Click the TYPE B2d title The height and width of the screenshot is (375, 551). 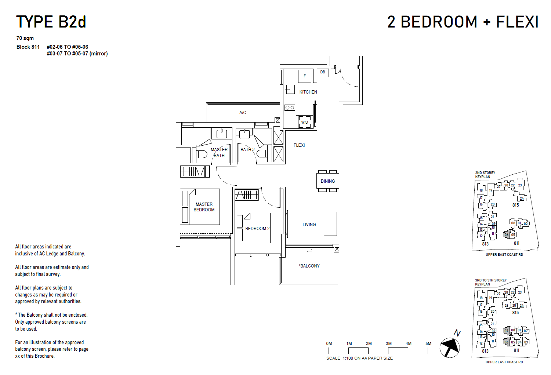51,22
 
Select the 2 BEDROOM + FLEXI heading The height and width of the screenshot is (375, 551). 463,22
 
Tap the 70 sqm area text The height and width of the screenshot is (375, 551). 25,38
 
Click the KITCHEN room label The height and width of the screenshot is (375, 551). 308,92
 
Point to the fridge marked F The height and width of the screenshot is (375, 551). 304,76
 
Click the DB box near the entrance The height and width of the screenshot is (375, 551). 322,72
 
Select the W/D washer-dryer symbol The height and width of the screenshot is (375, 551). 305,122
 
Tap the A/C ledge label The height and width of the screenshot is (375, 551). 243,113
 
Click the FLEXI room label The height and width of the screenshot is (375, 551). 299,145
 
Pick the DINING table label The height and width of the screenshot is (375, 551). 327,181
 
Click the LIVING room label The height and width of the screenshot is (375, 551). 309,225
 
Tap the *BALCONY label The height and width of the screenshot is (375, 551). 309,266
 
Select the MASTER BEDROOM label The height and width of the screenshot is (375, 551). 204,207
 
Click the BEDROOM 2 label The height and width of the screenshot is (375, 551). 257,229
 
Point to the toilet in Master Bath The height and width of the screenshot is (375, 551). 201,154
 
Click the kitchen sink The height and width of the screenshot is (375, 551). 290,89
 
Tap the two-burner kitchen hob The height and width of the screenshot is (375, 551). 290,108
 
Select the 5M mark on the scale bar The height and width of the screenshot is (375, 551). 428,344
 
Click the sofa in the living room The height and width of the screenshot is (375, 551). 331,223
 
